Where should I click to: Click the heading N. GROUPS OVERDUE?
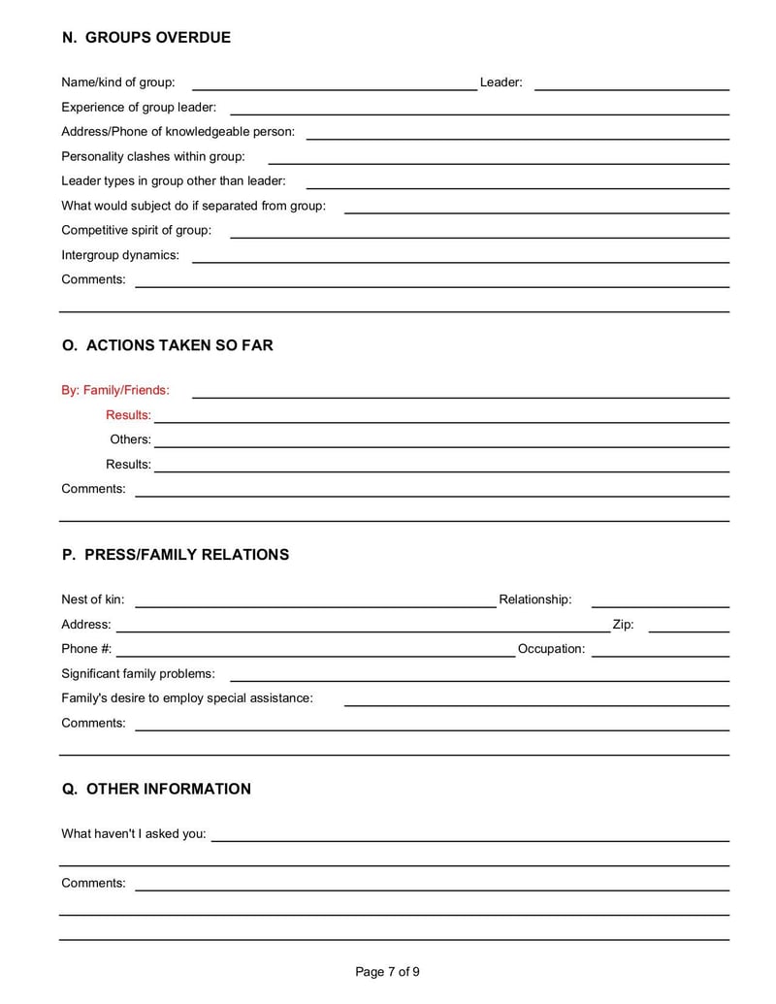click(x=146, y=38)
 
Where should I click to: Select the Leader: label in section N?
click(x=501, y=82)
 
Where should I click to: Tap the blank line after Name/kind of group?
click(x=334, y=88)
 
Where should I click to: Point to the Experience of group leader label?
click(x=139, y=107)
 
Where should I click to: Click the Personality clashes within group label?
click(x=153, y=156)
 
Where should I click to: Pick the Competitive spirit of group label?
click(x=136, y=230)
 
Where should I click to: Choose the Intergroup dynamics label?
click(x=120, y=255)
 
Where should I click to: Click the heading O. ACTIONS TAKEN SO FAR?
click(x=168, y=345)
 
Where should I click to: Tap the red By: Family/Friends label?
click(x=115, y=390)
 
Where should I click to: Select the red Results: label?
click(x=128, y=415)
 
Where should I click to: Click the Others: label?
click(x=130, y=439)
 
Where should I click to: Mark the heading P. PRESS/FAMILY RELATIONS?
click(x=176, y=555)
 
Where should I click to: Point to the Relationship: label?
click(x=534, y=599)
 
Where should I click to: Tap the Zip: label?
click(x=623, y=625)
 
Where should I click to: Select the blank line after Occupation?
click(x=660, y=656)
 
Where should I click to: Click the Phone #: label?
click(x=86, y=649)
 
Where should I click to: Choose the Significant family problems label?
click(x=139, y=673)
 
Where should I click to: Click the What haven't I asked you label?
click(x=134, y=833)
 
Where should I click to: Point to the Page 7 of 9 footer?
click(x=388, y=972)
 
